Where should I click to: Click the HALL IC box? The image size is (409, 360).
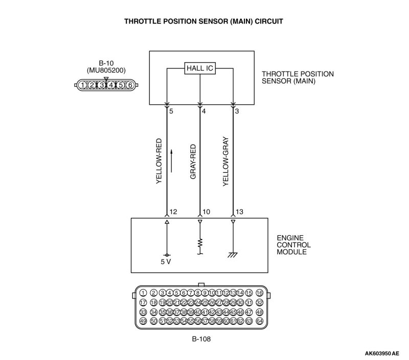click(199, 68)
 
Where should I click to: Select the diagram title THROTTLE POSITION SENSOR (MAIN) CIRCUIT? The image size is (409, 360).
click(204, 22)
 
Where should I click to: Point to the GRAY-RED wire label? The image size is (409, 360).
click(193, 161)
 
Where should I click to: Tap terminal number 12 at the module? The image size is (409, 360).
click(173, 211)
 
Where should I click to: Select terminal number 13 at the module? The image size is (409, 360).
click(239, 211)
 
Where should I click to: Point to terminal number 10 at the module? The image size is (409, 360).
click(206, 211)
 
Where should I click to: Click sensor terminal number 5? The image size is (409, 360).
click(171, 111)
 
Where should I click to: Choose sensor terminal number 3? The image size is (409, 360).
click(237, 111)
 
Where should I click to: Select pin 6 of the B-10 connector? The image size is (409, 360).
click(130, 85)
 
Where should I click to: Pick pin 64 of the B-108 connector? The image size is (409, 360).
click(259, 321)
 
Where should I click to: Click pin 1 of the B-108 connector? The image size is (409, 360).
click(143, 293)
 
